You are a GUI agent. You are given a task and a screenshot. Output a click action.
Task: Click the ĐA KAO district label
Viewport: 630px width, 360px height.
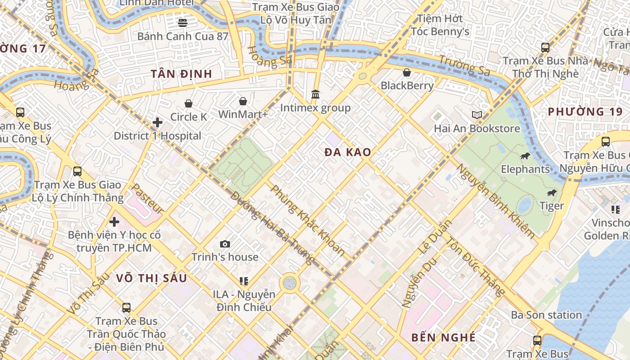pyautogui.click(x=348, y=153)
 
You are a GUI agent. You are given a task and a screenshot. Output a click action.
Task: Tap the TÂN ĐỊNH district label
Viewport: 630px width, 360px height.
pyautogui.click(x=181, y=74)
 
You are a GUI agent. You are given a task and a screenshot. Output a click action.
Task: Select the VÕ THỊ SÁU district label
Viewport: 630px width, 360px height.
pyautogui.click(x=151, y=278)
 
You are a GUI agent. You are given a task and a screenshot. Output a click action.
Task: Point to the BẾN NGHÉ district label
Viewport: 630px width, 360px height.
pyautogui.click(x=443, y=337)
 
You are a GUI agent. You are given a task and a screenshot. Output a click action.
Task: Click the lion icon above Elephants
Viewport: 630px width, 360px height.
pyautogui.click(x=525, y=156)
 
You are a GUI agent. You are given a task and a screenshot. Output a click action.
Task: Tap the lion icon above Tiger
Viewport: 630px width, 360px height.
pyautogui.click(x=551, y=193)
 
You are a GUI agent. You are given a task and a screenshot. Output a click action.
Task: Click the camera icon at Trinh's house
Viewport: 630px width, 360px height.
pyautogui.click(x=225, y=244)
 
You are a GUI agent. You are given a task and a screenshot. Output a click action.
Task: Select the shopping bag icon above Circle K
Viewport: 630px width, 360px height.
pyautogui.click(x=188, y=104)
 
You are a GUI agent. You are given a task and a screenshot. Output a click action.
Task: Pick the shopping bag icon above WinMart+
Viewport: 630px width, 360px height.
pyautogui.click(x=243, y=101)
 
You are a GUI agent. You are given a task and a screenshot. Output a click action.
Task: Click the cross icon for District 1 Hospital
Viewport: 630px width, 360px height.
pyautogui.click(x=157, y=122)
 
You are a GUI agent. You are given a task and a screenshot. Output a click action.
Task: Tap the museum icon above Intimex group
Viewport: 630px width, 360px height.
pyautogui.click(x=315, y=95)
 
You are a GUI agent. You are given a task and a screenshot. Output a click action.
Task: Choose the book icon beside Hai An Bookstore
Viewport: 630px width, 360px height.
pyautogui.click(x=477, y=115)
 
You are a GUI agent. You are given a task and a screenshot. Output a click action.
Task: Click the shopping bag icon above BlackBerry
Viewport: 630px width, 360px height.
pyautogui.click(x=407, y=72)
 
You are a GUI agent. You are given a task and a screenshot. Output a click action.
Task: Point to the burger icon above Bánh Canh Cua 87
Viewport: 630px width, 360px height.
pyautogui.click(x=183, y=22)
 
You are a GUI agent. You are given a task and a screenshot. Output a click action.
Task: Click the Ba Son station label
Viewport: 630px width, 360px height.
pyautogui.click(x=546, y=315)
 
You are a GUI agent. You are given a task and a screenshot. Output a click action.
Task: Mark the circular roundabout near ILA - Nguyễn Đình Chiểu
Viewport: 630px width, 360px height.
pyautogui.click(x=289, y=283)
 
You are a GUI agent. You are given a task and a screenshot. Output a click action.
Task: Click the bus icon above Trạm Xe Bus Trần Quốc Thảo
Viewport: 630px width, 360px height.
pyautogui.click(x=126, y=308)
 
